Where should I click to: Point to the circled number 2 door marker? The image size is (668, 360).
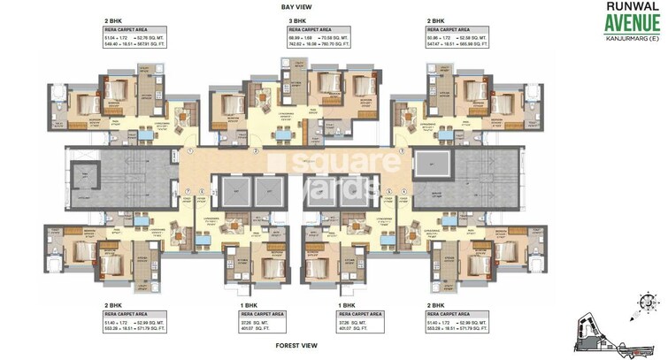[x=255, y=151]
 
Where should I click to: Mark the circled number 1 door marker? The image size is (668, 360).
[x=190, y=151]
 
